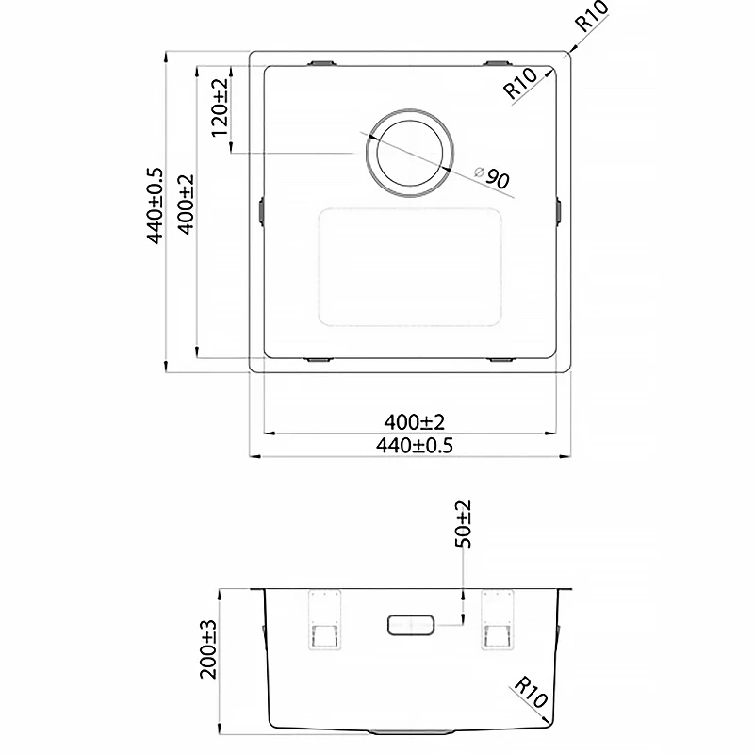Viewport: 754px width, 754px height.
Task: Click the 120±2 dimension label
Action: (220, 107)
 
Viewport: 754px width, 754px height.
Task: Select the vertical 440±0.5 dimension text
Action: (155, 206)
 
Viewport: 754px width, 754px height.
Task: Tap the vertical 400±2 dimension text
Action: (186, 205)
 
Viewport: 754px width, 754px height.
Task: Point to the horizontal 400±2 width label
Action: (414, 422)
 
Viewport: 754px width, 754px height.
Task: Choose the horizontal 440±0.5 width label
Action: (414, 446)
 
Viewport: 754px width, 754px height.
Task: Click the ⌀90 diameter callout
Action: (491, 177)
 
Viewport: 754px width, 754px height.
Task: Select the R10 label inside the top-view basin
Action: (520, 83)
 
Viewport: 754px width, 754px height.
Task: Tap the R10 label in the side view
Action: (531, 692)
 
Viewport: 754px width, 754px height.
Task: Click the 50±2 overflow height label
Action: (463, 524)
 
